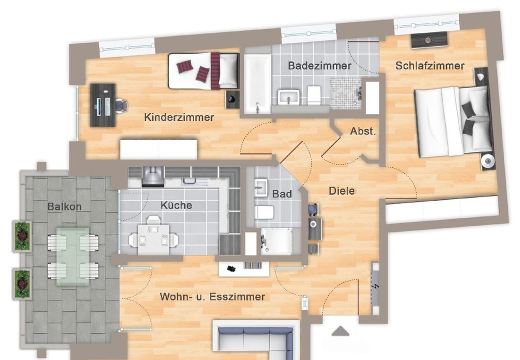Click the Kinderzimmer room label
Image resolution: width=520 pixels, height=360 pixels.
[x=179, y=117]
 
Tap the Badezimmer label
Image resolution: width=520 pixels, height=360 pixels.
[x=319, y=65]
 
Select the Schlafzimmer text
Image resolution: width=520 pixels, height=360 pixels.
[x=430, y=65]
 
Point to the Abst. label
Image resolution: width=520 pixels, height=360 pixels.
[x=363, y=131]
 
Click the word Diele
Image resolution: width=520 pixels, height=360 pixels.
[x=341, y=191]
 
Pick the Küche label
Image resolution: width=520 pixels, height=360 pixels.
[x=176, y=205]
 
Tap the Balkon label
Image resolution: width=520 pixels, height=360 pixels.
[x=64, y=207]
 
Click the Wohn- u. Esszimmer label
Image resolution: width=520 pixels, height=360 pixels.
[x=212, y=296]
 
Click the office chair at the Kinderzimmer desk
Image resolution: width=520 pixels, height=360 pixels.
[x=121, y=105]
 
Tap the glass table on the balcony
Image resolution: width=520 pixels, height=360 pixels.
[x=72, y=256]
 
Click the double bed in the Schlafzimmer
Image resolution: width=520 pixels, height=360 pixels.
[x=453, y=121]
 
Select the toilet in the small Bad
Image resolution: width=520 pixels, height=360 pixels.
[x=264, y=212]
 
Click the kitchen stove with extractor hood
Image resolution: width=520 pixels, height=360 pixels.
[x=153, y=175]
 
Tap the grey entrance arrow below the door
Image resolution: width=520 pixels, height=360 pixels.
[x=340, y=331]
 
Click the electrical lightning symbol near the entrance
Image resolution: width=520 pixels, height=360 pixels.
[x=375, y=286]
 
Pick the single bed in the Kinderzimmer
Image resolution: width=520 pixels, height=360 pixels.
[x=203, y=71]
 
